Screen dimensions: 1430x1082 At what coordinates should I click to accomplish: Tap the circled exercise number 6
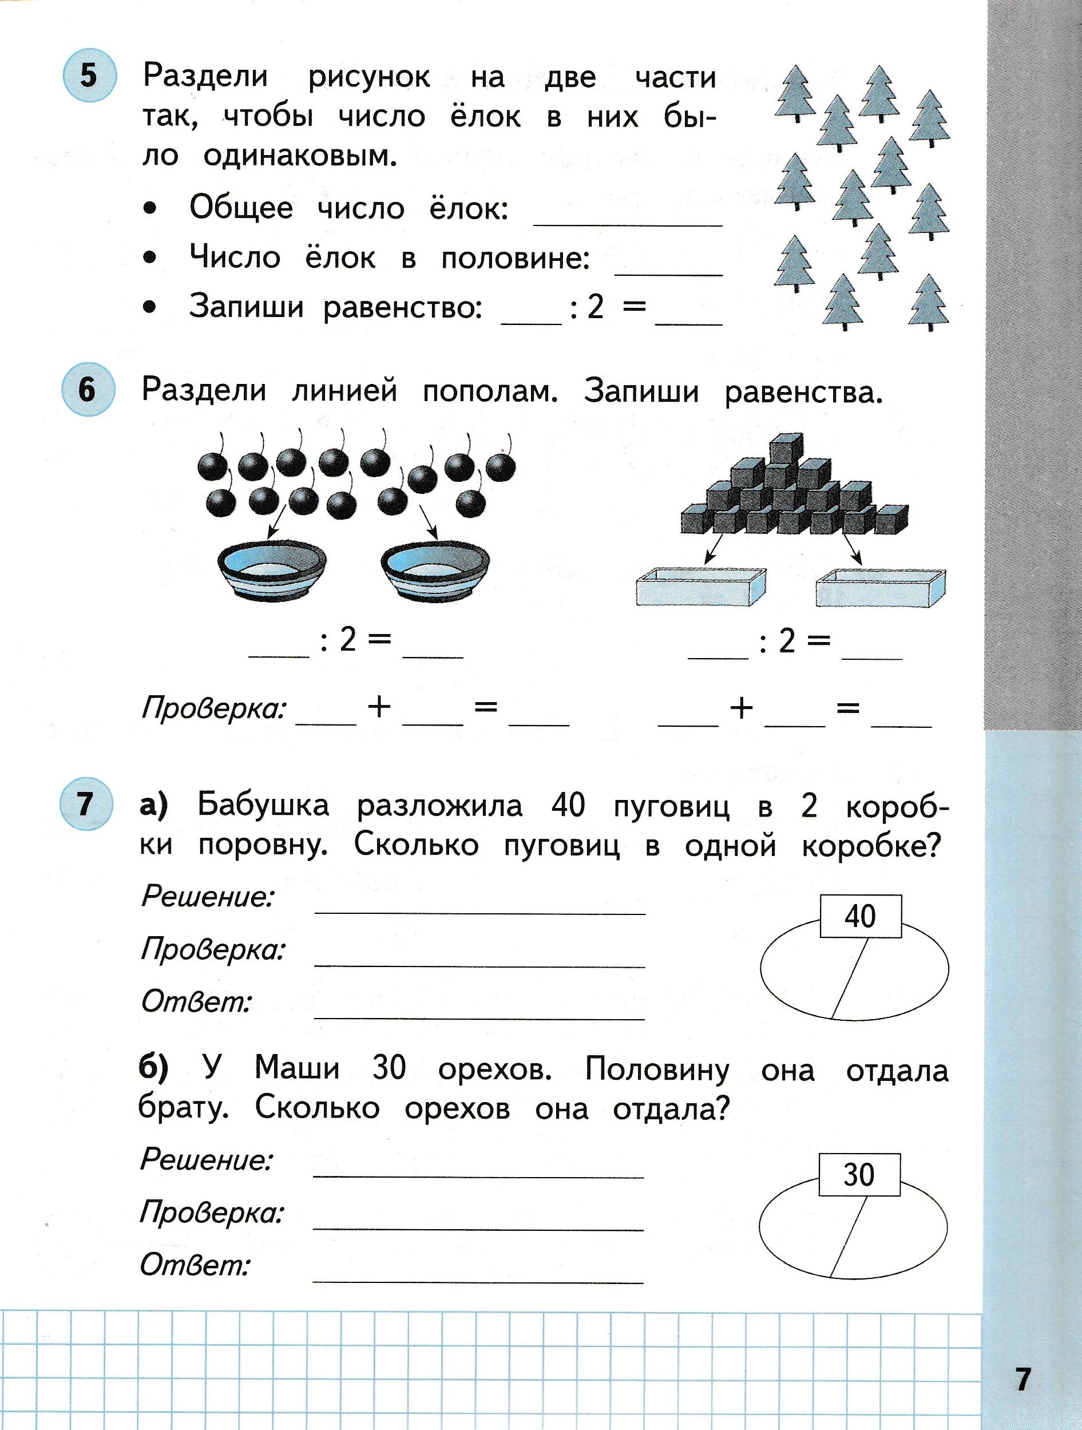(88, 390)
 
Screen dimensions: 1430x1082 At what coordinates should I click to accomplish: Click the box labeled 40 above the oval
(859, 916)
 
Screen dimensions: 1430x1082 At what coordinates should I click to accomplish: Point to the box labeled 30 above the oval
(859, 1175)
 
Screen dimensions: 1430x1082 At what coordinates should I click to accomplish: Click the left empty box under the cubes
(701, 587)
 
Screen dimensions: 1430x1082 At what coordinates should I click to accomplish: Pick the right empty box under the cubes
(881, 587)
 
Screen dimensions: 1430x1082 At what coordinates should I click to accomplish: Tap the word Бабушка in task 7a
(263, 806)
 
